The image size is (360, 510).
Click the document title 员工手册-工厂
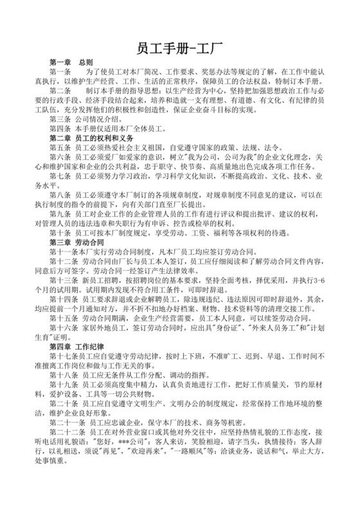[x=180, y=50]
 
